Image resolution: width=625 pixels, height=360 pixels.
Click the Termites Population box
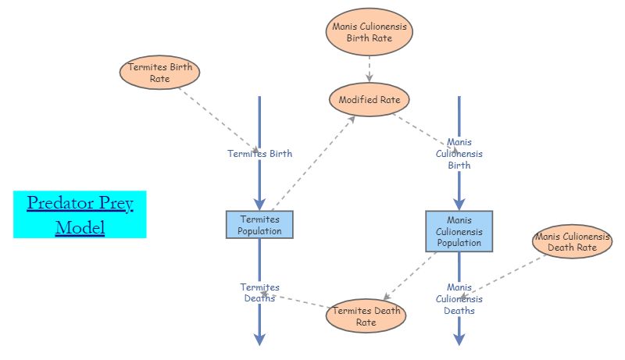click(x=259, y=225)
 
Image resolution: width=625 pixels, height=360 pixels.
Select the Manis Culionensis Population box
click(x=459, y=231)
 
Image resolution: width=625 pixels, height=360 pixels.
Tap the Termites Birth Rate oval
click(x=160, y=73)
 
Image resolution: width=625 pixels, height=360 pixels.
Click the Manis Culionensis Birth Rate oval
click(x=369, y=33)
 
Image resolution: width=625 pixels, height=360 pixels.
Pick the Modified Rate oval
click(x=369, y=100)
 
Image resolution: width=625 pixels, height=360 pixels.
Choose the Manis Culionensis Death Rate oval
click(x=572, y=241)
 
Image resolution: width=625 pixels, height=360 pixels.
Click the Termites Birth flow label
click(x=259, y=154)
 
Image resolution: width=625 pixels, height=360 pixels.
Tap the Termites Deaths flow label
click(x=259, y=293)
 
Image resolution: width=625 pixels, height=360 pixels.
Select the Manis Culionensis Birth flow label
click(x=459, y=154)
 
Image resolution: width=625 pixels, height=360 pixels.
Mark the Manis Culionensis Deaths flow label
click(x=459, y=299)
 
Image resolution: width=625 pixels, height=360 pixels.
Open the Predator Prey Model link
click(x=80, y=215)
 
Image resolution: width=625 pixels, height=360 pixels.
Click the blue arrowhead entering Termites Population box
click(x=259, y=204)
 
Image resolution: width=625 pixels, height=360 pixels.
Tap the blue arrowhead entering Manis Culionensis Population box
click(x=459, y=203)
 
